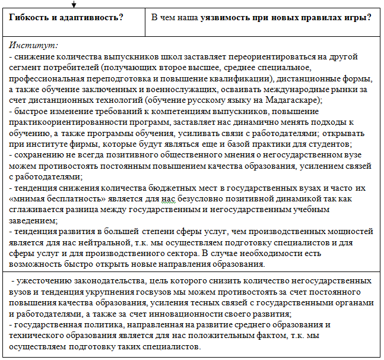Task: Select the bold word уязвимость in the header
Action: click(227, 17)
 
